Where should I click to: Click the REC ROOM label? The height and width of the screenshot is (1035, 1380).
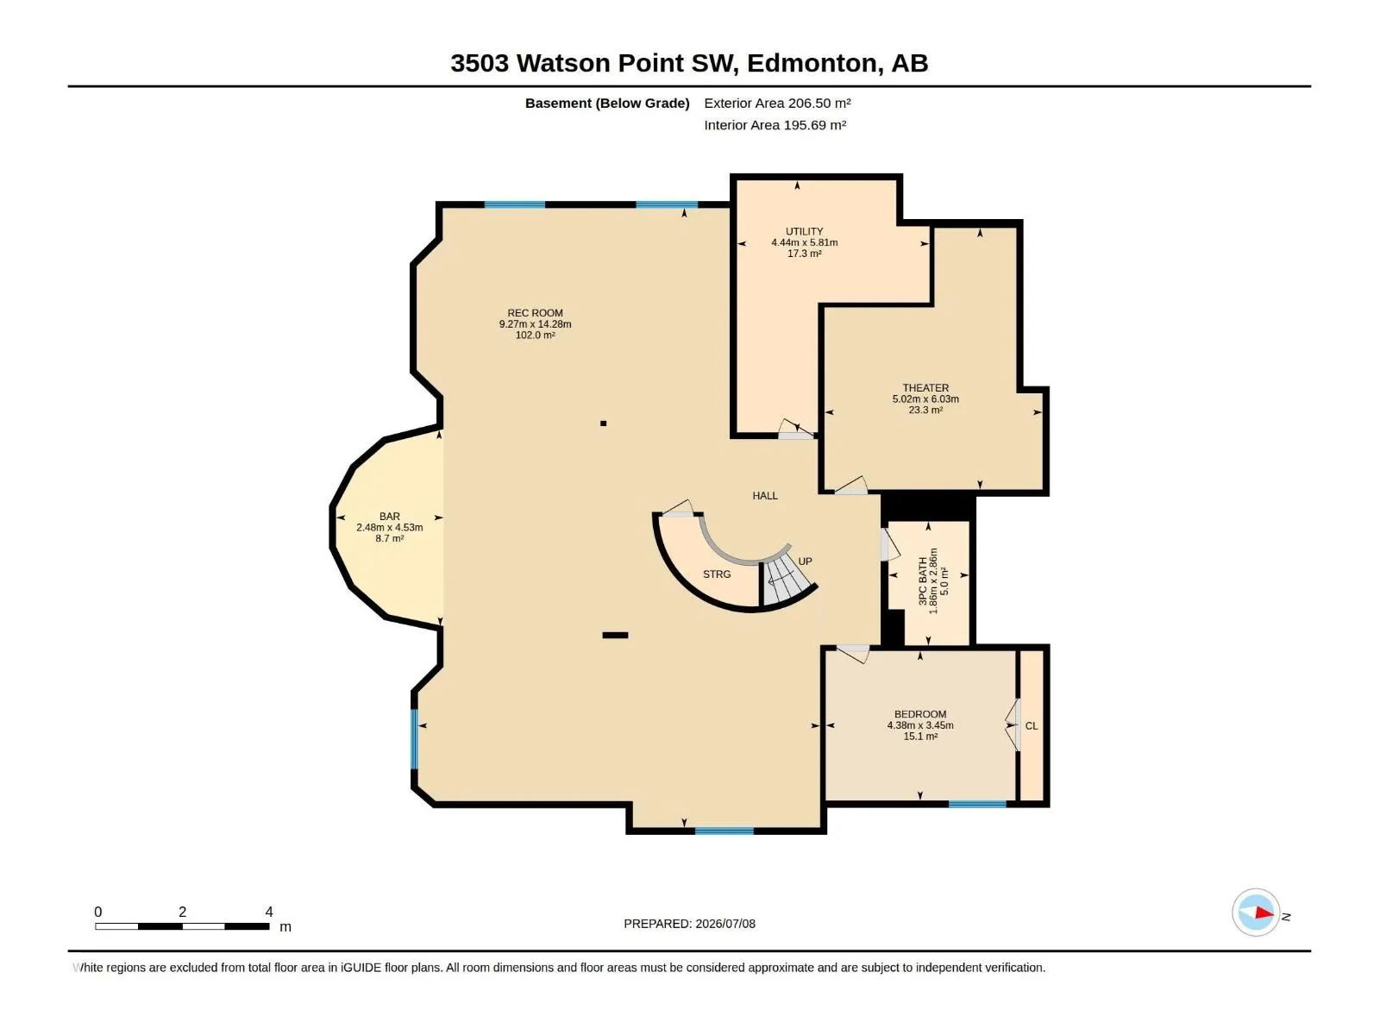[535, 313]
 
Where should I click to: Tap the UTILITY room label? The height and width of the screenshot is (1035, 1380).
[804, 231]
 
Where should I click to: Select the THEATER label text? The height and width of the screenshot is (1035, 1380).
[925, 388]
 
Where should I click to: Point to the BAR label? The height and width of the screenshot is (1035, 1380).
[390, 516]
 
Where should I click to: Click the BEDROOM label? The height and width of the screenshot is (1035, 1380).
[920, 714]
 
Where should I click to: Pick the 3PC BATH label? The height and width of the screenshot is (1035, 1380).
[923, 580]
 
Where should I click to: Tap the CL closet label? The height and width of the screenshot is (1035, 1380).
[1031, 726]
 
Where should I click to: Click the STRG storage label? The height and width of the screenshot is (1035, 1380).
[717, 574]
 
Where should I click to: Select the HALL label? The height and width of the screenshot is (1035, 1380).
[765, 496]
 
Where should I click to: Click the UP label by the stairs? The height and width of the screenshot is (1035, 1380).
[805, 561]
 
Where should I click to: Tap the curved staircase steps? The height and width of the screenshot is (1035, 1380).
[785, 582]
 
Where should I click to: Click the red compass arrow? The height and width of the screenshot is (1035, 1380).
[1264, 913]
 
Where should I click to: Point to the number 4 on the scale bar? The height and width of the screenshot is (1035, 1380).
[269, 912]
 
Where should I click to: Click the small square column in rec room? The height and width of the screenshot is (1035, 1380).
[603, 423]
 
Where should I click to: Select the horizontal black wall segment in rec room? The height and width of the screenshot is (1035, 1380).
[615, 636]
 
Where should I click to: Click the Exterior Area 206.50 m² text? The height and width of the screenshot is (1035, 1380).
[777, 103]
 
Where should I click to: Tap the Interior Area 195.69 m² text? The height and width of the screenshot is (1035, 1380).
[775, 125]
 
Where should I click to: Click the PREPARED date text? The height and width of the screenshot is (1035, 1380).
[690, 924]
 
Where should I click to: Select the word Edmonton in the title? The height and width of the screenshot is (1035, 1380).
[812, 64]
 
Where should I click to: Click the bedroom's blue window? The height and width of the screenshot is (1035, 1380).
[977, 804]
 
